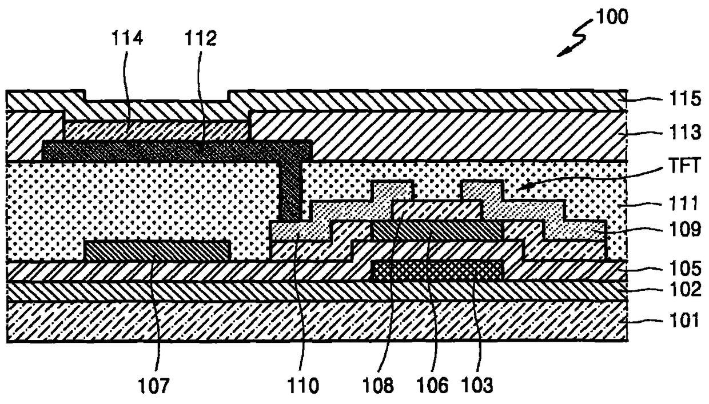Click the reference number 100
click(x=611, y=17)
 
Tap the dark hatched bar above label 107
click(x=157, y=250)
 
